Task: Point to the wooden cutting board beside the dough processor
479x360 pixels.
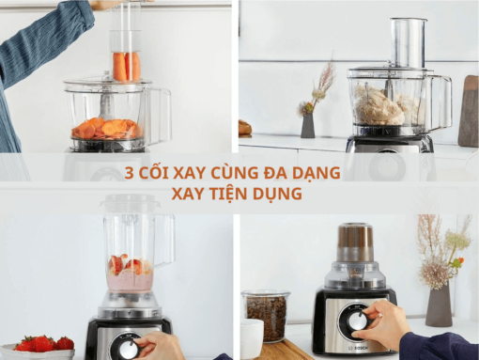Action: pos(468,112)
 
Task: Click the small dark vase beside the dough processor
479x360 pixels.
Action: pos(307,126)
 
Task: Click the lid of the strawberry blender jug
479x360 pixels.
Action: pos(136,204)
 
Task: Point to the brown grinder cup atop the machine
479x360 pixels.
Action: pos(356,243)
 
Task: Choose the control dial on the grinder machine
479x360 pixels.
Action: pos(358,321)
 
